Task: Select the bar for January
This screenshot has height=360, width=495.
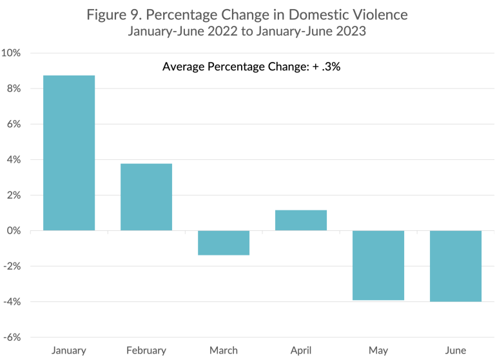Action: coord(69,153)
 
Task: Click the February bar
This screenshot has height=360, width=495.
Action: coord(146,197)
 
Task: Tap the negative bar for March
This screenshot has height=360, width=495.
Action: coord(224,243)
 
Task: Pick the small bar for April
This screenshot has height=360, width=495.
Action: coord(301,220)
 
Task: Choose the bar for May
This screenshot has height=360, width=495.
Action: coord(378,265)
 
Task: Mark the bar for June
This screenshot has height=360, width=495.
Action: coord(456,266)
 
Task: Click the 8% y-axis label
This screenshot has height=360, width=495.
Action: coord(14,88)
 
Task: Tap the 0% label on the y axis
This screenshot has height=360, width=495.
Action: coord(14,230)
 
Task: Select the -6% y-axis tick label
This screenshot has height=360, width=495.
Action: coord(13,337)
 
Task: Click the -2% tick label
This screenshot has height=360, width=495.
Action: coord(13,266)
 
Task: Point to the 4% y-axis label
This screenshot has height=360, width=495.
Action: coord(14,159)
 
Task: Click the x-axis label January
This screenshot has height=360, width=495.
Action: coord(69,350)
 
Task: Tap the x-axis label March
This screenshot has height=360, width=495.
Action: coord(224,350)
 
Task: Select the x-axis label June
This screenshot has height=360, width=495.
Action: coord(456,350)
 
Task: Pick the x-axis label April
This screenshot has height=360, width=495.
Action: coord(301,350)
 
